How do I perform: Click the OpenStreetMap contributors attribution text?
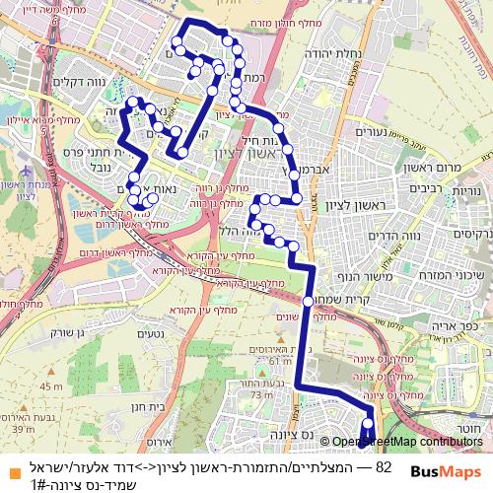[407, 443]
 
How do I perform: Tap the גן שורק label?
[36, 320]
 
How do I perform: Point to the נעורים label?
[371, 132]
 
